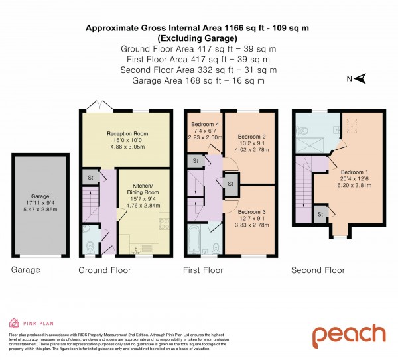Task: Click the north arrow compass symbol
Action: click(x=358, y=80)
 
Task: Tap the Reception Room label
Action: click(x=127, y=134)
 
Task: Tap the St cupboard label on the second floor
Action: click(x=320, y=215)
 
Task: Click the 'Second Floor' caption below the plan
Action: click(x=318, y=270)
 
